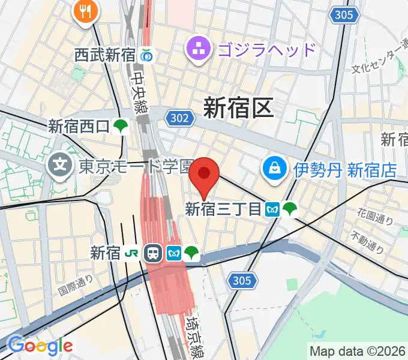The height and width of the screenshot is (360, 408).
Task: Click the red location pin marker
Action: click(205, 173)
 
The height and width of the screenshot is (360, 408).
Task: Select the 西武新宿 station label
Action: click(106, 55)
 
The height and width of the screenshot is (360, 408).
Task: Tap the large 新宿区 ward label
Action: click(238, 108)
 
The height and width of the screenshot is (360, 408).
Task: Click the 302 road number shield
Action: click(181, 119)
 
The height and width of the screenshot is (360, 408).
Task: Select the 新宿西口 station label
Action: click(79, 127)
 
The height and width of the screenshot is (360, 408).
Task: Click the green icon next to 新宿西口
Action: click(122, 127)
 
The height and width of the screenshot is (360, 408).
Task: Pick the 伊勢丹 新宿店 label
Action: click(345, 170)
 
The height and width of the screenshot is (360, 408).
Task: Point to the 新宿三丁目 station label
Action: click(223, 209)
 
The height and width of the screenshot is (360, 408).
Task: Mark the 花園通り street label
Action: click(375, 216)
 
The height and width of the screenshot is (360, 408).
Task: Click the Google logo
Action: click(40, 346)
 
